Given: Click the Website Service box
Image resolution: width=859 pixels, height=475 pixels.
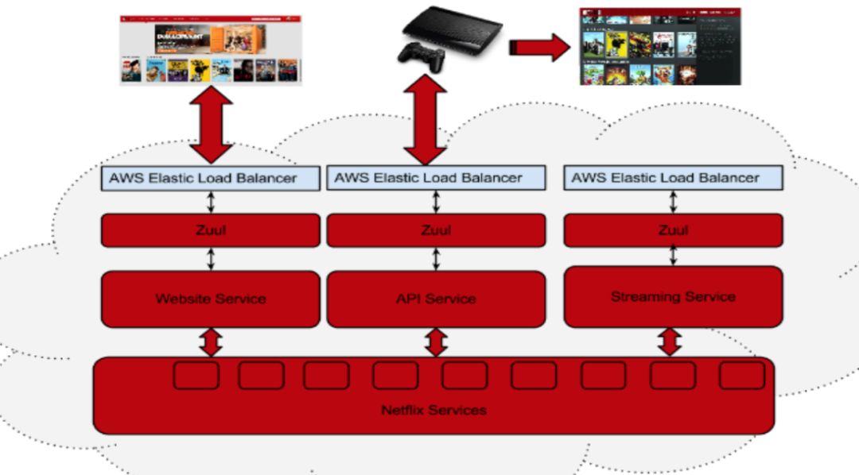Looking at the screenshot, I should pyautogui.click(x=210, y=299).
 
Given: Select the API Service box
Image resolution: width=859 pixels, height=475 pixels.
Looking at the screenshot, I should pyautogui.click(x=436, y=299).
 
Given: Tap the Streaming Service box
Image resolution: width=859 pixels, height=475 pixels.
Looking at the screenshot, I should pyautogui.click(x=673, y=296).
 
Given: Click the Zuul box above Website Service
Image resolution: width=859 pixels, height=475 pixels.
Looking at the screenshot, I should pyautogui.click(x=210, y=230).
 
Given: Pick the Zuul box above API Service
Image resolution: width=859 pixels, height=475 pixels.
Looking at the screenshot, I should pyautogui.click(x=436, y=230).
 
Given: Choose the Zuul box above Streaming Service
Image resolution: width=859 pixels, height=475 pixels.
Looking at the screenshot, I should pyautogui.click(x=673, y=230).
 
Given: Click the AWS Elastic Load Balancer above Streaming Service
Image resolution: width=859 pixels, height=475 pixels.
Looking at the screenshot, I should pyautogui.click(x=673, y=178).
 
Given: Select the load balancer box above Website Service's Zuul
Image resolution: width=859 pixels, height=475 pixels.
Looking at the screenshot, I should pyautogui.click(x=210, y=178).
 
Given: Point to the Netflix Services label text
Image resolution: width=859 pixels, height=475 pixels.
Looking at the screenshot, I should pyautogui.click(x=433, y=410).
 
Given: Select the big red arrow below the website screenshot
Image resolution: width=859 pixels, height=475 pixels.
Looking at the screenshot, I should pyautogui.click(x=211, y=125).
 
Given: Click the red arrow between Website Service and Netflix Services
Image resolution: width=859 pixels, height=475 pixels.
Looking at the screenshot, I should pyautogui.click(x=211, y=342).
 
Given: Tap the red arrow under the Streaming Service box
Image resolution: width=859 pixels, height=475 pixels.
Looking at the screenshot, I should pyautogui.click(x=670, y=342).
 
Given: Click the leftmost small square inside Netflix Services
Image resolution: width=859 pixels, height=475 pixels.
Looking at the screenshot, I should pyautogui.click(x=196, y=375).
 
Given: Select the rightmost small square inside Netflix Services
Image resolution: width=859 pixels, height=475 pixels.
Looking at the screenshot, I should pyautogui.click(x=741, y=375).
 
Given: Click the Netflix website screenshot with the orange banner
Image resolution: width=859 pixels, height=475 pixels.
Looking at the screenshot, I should pyautogui.click(x=211, y=48).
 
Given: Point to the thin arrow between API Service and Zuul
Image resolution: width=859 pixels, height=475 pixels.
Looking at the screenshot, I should pyautogui.click(x=436, y=258).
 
